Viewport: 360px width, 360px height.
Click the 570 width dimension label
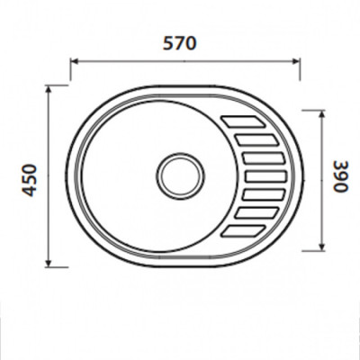[x=179, y=43]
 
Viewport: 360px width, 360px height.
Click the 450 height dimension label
[x=30, y=180]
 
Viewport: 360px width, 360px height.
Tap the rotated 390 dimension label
[x=341, y=176]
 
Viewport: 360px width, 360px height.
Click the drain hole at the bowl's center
[x=180, y=175]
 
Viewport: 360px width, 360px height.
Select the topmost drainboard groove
[x=243, y=121]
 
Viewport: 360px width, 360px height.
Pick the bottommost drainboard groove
[x=243, y=230]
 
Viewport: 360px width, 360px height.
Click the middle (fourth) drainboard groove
[x=265, y=176]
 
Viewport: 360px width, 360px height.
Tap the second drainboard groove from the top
[x=256, y=140]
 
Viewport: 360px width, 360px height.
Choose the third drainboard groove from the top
[x=263, y=158]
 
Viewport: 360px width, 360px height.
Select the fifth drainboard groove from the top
[x=263, y=194]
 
